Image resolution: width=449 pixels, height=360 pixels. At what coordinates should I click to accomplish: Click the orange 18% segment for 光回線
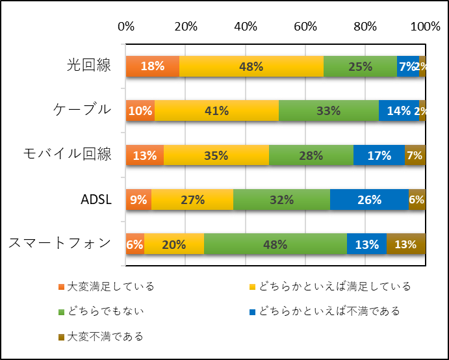tap(153, 66)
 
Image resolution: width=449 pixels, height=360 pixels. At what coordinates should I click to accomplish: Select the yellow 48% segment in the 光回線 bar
tap(251, 66)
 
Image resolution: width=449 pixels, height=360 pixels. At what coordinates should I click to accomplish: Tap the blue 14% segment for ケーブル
tap(399, 110)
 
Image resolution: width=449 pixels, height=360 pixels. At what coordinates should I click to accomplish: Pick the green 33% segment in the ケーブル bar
tap(329, 110)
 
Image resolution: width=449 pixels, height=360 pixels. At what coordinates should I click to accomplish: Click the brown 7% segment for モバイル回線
tap(415, 155)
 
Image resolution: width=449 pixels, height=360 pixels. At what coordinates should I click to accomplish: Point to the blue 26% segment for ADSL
tap(369, 199)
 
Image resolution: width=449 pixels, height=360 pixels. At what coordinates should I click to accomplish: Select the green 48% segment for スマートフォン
tap(276, 244)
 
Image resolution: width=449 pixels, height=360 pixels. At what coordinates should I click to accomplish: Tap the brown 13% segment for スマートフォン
tap(406, 244)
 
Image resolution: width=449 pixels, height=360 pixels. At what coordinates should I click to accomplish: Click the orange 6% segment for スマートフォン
tap(135, 244)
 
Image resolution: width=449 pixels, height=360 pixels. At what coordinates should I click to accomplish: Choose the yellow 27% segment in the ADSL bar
tap(192, 199)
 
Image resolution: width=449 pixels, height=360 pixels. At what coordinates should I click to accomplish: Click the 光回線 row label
tap(89, 66)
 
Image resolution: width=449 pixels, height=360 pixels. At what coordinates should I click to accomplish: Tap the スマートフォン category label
tap(60, 244)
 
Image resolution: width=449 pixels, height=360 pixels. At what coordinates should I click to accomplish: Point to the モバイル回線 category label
tap(68, 155)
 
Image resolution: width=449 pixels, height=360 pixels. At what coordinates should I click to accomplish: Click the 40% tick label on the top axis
tap(246, 27)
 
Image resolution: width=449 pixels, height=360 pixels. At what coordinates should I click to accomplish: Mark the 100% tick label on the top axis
tap(426, 27)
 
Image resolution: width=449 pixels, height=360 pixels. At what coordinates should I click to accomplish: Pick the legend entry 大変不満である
tap(101, 337)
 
